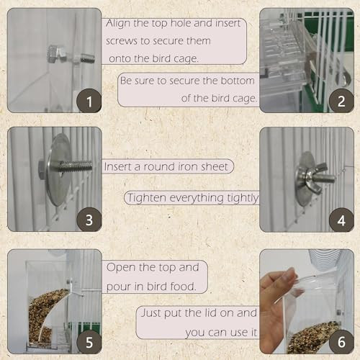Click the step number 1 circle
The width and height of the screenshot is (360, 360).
click(x=89, y=100)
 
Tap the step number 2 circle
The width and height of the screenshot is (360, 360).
click(x=341, y=100)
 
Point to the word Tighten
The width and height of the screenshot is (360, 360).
click(x=148, y=197)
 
